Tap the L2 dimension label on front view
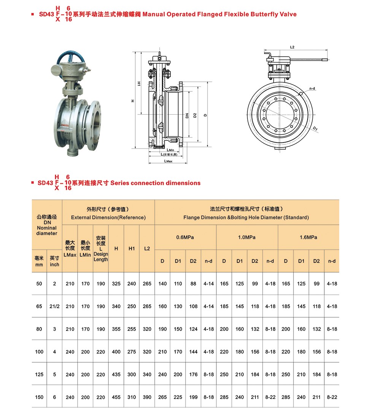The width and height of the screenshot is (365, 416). pos(292,47)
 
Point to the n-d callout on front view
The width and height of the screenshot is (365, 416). pos(312,88)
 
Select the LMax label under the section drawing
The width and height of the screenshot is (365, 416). pos(168,161)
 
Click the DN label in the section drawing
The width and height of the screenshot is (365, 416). pos(187,115)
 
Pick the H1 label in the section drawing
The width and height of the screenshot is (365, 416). pos(139,83)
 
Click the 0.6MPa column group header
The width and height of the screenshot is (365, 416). pos(185,237)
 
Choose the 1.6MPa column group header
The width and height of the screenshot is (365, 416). pos(308,237)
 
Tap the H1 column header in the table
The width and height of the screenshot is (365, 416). pos(132,248)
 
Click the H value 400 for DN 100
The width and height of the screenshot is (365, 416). pos(116,352)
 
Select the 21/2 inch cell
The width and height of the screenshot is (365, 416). pos(54,306)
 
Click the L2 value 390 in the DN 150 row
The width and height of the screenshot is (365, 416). pos(147,397)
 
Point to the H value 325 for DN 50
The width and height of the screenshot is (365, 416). pos(116,283)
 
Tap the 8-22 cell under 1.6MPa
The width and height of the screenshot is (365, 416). pos(332,397)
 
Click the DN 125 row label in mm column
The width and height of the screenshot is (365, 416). pos(39,374)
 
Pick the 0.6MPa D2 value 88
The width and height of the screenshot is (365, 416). pos(193,283)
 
